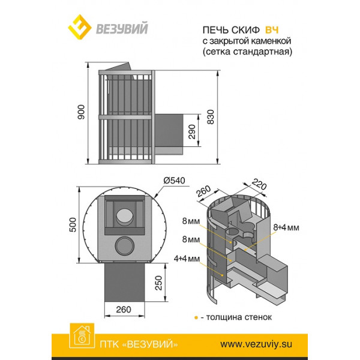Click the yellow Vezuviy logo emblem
click(x=80, y=27)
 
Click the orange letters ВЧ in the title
click(x=272, y=30)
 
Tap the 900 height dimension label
click(x=81, y=112)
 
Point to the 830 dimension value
click(x=211, y=117)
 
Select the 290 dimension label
click(x=192, y=132)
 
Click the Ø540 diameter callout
click(x=174, y=181)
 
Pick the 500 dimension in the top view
click(x=73, y=225)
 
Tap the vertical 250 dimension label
click(x=158, y=283)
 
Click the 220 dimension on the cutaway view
click(x=259, y=185)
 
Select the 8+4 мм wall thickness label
click(x=286, y=227)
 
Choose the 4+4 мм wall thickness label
click(x=187, y=259)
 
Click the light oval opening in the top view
click(x=124, y=216)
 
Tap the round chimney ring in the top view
click(x=124, y=246)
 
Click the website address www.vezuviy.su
click(x=256, y=344)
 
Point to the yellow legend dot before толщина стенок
click(x=196, y=318)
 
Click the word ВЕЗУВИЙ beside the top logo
click(x=122, y=28)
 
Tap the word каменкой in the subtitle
click(x=271, y=41)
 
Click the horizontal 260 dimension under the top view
click(x=124, y=310)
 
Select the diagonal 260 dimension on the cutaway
click(x=203, y=191)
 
